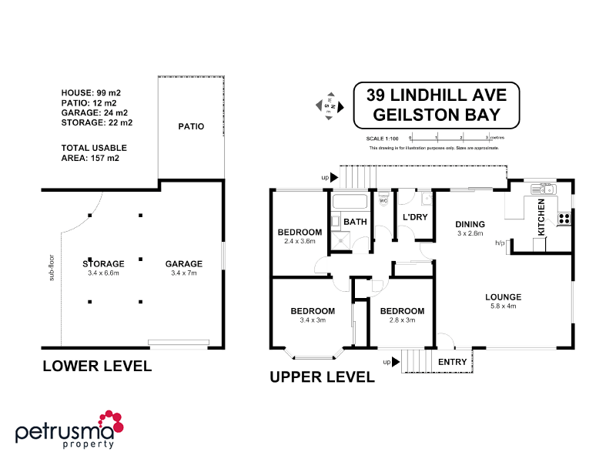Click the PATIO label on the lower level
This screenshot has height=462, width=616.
(x=191, y=126)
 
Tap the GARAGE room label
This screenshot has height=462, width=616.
(x=184, y=263)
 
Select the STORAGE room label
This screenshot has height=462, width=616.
(x=102, y=263)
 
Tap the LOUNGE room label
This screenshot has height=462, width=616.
(x=504, y=296)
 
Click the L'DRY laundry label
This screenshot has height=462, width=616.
(x=415, y=217)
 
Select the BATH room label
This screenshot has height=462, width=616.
(x=355, y=222)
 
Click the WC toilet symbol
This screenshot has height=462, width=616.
(x=383, y=203)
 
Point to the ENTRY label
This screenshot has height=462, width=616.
(x=452, y=362)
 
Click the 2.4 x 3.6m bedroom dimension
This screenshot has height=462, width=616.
(x=300, y=241)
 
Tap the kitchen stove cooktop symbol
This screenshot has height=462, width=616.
(x=564, y=219)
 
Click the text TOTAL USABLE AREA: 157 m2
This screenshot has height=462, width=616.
(x=94, y=152)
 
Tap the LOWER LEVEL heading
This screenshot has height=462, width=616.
(x=97, y=366)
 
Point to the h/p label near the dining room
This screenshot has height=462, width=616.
(x=500, y=243)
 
